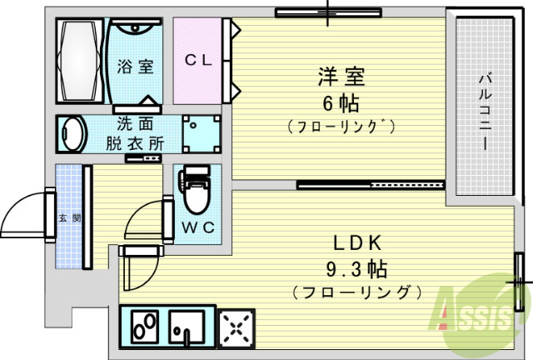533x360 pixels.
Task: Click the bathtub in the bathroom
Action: click(x=80, y=61)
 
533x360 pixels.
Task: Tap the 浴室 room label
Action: click(x=135, y=67)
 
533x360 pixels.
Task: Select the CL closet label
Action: click(x=198, y=60)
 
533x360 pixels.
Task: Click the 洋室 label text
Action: click(x=341, y=77)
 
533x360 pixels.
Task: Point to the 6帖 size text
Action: click(x=341, y=103)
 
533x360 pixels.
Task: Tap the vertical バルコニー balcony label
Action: click(x=485, y=112)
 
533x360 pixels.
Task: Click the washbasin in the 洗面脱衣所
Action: click(x=72, y=134)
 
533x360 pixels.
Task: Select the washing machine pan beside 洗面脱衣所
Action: click(x=202, y=134)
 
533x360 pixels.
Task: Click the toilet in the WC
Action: click(x=194, y=189)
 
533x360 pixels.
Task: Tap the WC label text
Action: click(x=198, y=227)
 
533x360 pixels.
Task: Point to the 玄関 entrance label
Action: click(x=70, y=218)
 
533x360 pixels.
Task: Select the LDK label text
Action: click(x=356, y=243)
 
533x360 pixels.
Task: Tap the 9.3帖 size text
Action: click(x=356, y=269)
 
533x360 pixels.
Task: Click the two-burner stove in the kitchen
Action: click(x=145, y=327)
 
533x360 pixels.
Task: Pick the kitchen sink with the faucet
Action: click(x=187, y=327)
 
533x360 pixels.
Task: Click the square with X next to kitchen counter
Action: click(x=237, y=328)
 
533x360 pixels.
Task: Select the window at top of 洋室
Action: click(x=328, y=13)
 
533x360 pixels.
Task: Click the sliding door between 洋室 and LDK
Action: click(x=371, y=185)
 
